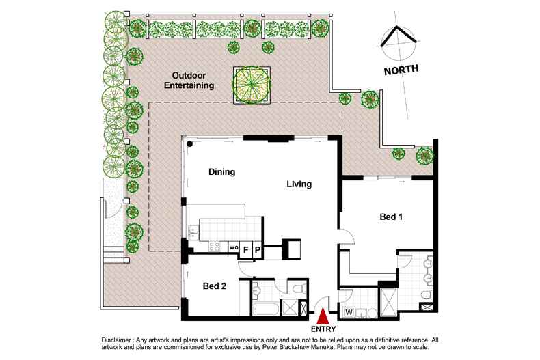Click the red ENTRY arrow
[323, 317]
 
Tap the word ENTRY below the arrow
[323, 329]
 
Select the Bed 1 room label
[391, 217]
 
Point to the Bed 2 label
[215, 286]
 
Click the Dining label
[221, 171]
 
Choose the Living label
[299, 184]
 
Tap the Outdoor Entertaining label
[189, 81]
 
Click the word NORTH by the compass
[401, 70]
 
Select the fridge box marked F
[245, 249]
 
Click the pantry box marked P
[257, 249]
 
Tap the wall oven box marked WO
[234, 247]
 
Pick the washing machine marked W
[349, 312]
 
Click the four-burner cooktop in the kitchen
[215, 246]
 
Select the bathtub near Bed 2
[265, 309]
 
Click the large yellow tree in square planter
[252, 85]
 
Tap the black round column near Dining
[190, 144]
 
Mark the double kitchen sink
[193, 232]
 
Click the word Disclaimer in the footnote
[116, 340]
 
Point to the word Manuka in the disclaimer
[323, 347]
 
